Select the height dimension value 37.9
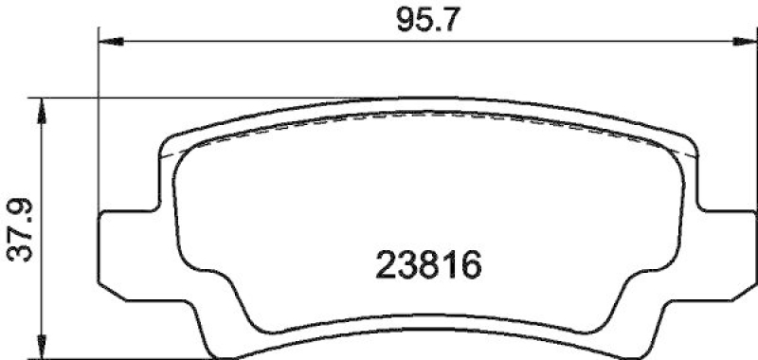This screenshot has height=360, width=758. pos(21,226)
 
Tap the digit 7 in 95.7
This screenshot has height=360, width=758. pos(447,20)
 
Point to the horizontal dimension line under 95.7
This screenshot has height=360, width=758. pos(284,41)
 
